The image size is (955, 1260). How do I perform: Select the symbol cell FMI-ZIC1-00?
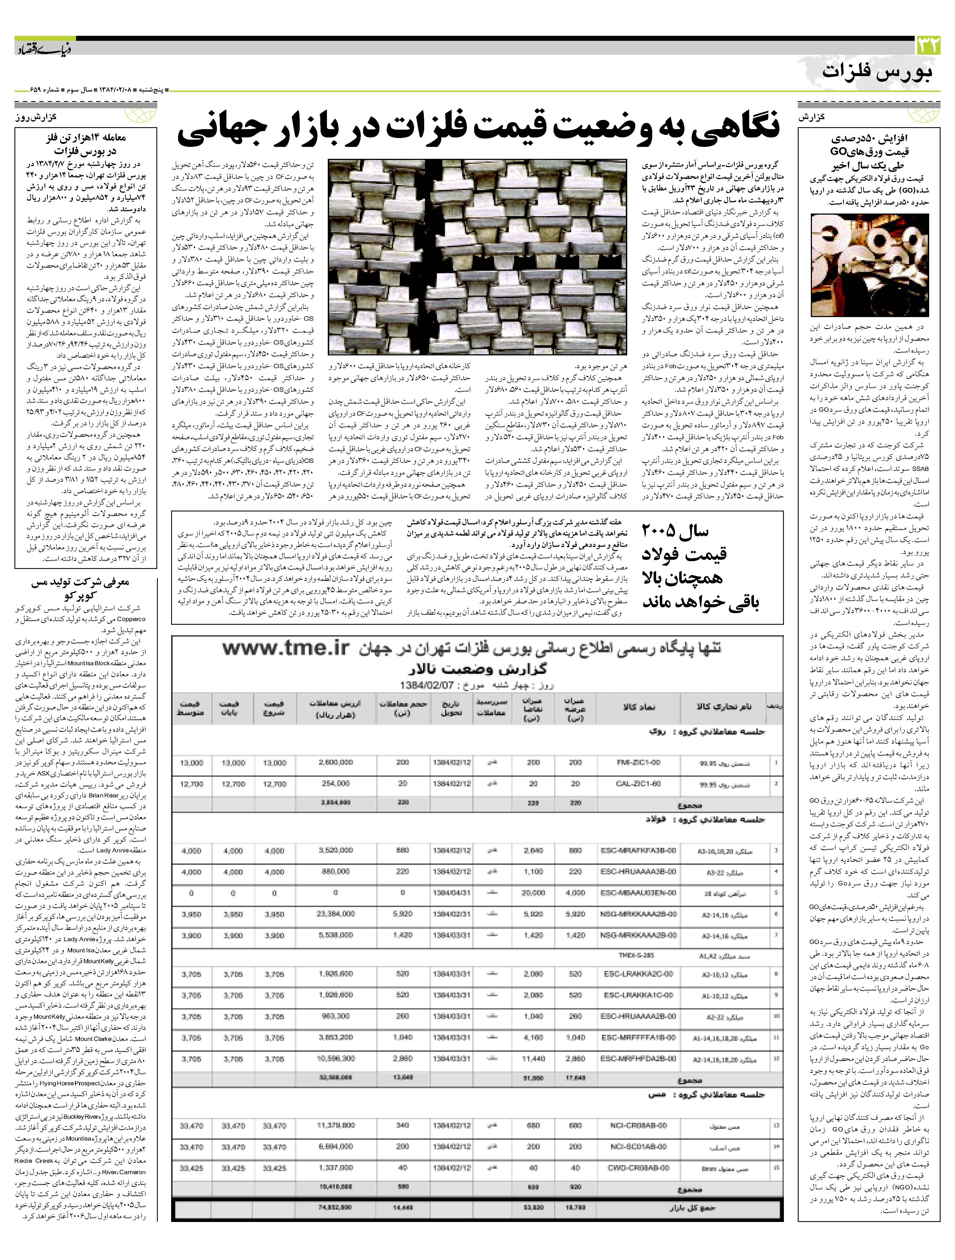tap(638, 763)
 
